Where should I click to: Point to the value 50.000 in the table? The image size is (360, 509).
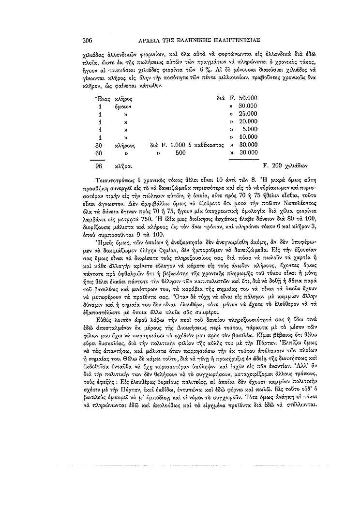(x=247, y=98)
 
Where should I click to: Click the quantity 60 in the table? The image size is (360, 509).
(x=99, y=152)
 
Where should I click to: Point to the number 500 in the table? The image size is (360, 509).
(x=180, y=152)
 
